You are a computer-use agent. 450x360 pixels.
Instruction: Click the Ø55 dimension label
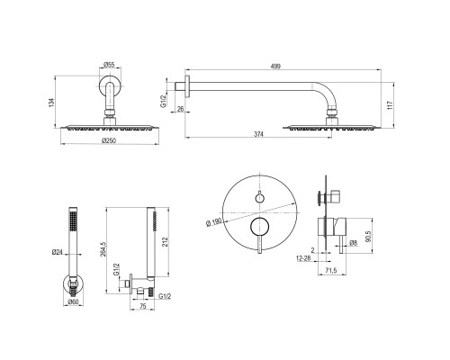[109, 65]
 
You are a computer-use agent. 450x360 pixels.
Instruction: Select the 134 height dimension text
[51, 103]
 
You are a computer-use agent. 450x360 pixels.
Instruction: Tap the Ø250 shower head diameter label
[109, 140]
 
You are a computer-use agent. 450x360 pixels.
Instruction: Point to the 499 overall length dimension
[275, 67]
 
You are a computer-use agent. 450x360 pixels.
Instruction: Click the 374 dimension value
[258, 134]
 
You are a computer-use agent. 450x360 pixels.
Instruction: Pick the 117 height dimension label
[390, 105]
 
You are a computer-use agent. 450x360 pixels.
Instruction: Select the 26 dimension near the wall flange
[180, 109]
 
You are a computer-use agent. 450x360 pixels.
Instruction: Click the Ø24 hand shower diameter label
[57, 252]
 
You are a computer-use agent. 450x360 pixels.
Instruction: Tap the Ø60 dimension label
[73, 301]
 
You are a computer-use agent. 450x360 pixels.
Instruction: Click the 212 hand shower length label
[165, 242]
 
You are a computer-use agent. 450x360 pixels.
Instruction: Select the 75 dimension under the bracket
[143, 306]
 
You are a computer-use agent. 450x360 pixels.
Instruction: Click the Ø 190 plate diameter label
[214, 222]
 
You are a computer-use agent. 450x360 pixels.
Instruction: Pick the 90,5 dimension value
[369, 236]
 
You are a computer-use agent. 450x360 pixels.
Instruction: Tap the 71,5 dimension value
[331, 270]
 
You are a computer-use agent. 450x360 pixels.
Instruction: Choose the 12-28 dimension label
[303, 258]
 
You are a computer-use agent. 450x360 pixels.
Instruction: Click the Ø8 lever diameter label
[354, 243]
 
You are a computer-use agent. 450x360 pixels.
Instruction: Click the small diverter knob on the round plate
[259, 197]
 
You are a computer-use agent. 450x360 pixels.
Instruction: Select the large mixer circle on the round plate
[259, 226]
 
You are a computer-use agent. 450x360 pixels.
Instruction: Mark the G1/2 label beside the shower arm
[163, 101]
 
